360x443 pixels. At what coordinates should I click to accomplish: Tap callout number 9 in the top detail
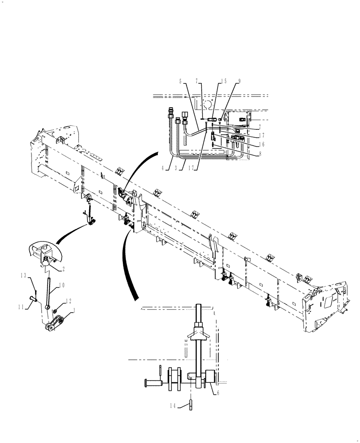tap(239, 81)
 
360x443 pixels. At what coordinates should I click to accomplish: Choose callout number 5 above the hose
tap(180, 81)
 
